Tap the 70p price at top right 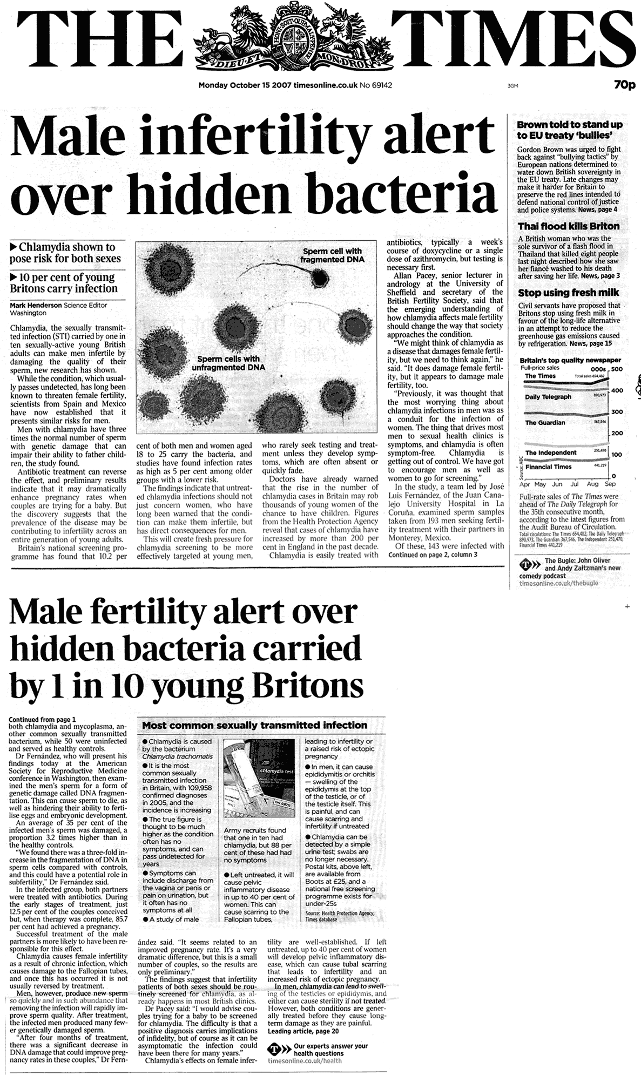[x=624, y=85]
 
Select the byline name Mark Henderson [x=36, y=305]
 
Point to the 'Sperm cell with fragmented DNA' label [x=332, y=255]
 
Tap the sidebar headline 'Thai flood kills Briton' [x=569, y=226]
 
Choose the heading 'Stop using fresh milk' [x=569, y=293]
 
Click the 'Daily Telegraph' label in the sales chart [x=548, y=397]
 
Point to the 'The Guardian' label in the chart [x=545, y=423]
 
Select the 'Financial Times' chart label [x=548, y=466]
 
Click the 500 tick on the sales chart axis [x=616, y=369]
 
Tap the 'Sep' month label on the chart [x=610, y=484]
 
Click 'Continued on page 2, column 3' [x=433, y=554]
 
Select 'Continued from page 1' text [x=43, y=719]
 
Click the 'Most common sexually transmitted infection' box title [x=254, y=725]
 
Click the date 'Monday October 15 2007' [x=245, y=85]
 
